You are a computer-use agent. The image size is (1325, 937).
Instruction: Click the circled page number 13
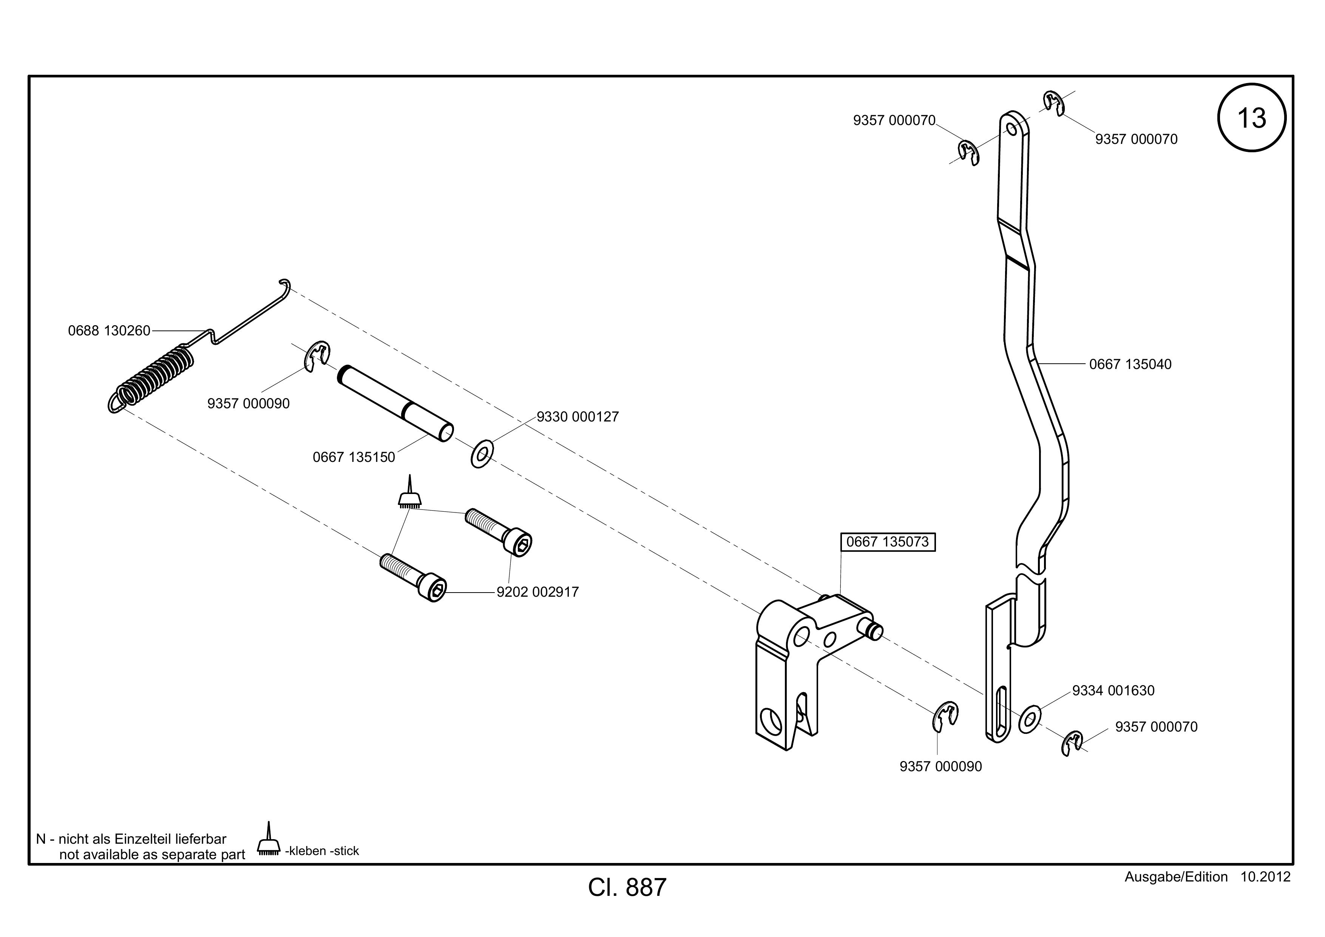(x=1252, y=118)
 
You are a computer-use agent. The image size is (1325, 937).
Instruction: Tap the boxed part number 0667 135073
(x=888, y=542)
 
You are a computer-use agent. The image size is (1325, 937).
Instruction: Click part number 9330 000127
(x=578, y=417)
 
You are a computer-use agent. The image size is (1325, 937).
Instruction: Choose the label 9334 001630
(x=1113, y=691)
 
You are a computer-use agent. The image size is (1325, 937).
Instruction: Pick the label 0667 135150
(x=354, y=457)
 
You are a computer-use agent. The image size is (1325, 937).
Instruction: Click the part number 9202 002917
(x=538, y=592)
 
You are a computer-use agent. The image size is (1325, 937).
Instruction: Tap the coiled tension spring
(x=151, y=378)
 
